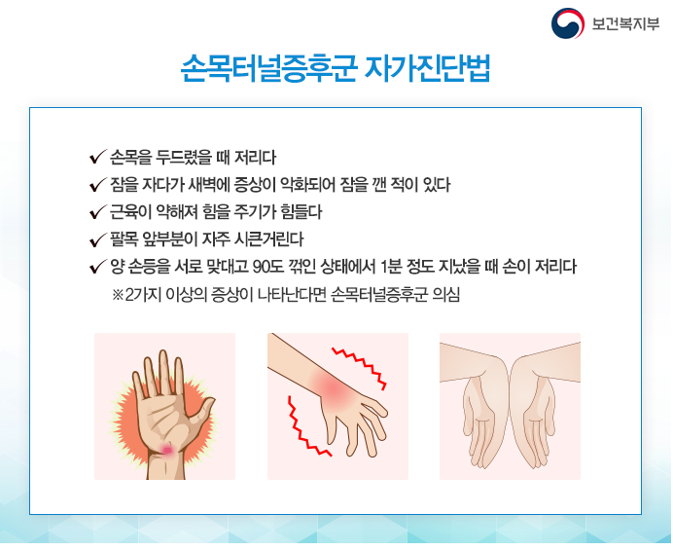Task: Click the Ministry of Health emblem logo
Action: click(x=567, y=23)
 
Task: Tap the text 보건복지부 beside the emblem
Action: click(x=625, y=23)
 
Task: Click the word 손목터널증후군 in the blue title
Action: click(x=269, y=68)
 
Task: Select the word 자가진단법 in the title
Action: click(x=427, y=68)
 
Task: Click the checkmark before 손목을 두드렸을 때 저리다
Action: click(x=98, y=158)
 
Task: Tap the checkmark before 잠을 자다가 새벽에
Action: click(x=98, y=185)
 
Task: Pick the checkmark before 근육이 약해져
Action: click(x=98, y=212)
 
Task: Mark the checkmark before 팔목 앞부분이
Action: click(x=98, y=239)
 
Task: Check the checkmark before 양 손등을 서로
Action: click(x=98, y=267)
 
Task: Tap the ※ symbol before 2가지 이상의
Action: click(x=118, y=295)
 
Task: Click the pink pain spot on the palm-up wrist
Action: click(x=167, y=450)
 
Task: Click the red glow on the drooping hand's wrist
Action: click(x=333, y=388)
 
